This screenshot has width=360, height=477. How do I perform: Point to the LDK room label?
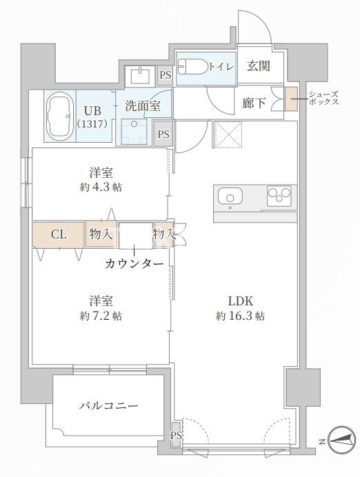pos(241,301)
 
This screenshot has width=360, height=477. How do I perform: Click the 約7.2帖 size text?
pos(101,316)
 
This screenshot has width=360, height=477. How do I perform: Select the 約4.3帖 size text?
pos(101,187)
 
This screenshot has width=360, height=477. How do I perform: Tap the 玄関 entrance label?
pos(258,66)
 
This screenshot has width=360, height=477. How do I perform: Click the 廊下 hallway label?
pos(253,103)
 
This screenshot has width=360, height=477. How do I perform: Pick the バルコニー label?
pos(108,406)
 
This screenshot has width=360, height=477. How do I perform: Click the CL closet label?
pos(59,234)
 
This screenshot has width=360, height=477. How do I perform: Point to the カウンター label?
pos(134,264)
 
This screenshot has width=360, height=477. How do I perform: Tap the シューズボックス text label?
pos(323,97)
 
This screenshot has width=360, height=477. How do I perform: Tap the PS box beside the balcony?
pos(175,435)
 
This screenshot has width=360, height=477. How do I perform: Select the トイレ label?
pos(221,66)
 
